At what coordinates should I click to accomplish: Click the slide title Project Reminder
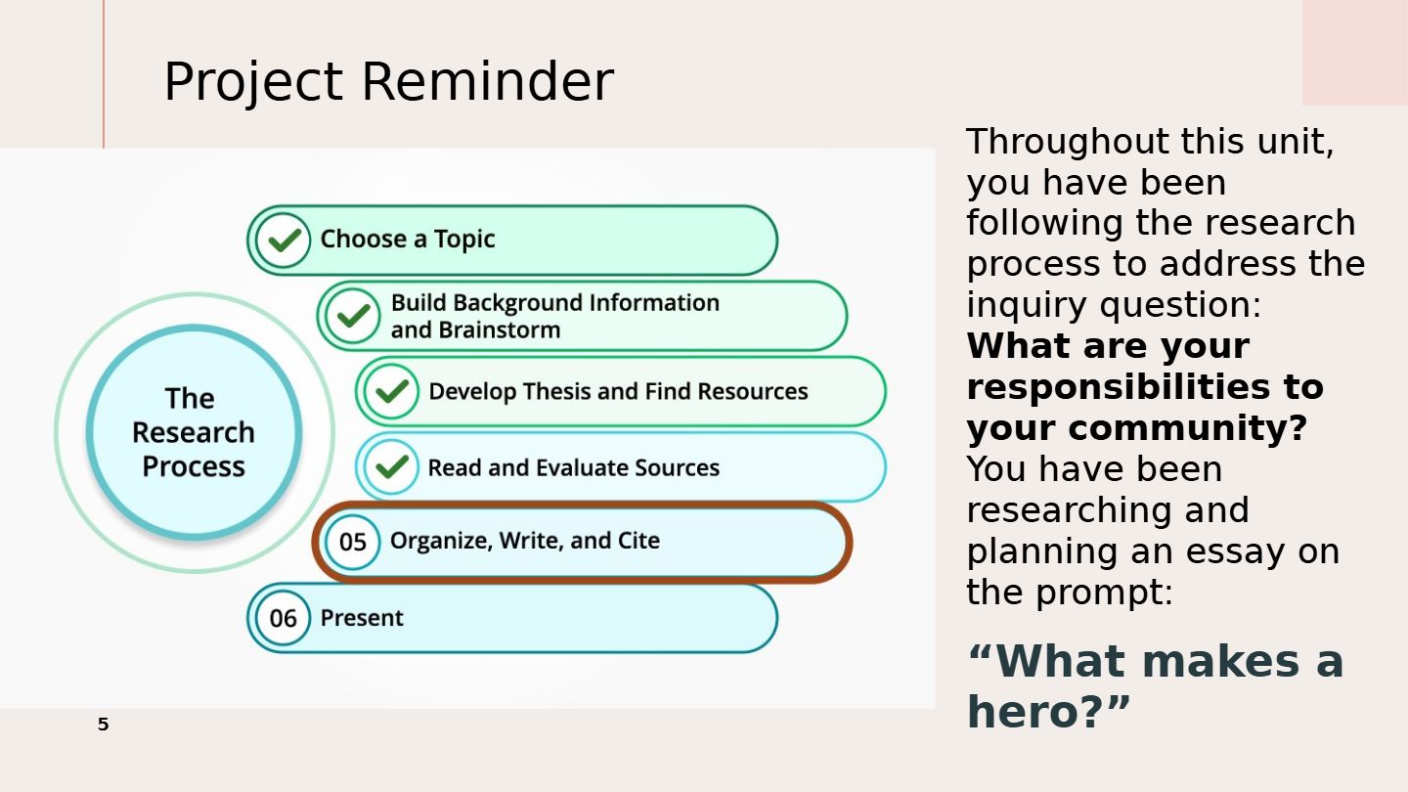pyautogui.click(x=389, y=82)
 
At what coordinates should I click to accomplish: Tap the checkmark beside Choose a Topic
pyautogui.click(x=284, y=241)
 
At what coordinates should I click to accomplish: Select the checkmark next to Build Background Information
pyautogui.click(x=353, y=316)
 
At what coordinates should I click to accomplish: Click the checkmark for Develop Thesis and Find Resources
pyautogui.click(x=391, y=391)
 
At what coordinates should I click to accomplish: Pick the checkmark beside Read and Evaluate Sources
pyautogui.click(x=391, y=467)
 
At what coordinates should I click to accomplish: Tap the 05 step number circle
pyautogui.click(x=352, y=542)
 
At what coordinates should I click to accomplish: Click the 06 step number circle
pyautogui.click(x=283, y=618)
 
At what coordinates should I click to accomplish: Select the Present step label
pyautogui.click(x=362, y=618)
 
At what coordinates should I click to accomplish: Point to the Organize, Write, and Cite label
pyautogui.click(x=525, y=542)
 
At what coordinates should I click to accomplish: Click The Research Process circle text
pyautogui.click(x=193, y=432)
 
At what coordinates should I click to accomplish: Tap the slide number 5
pyautogui.click(x=103, y=725)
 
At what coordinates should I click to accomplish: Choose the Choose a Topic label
pyautogui.click(x=408, y=240)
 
